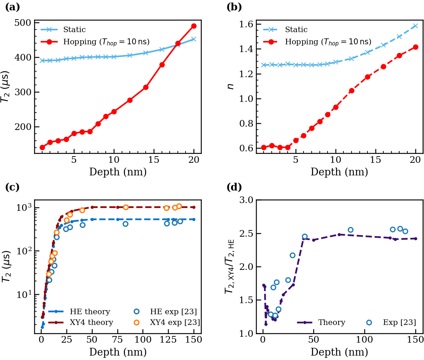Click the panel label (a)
pyautogui.click(x=12, y=7)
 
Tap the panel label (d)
pyautogui.click(x=234, y=187)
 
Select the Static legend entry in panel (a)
pyautogui.click(x=74, y=30)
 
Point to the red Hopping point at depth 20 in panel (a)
pyautogui.click(x=194, y=26)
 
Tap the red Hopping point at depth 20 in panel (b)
pyautogui.click(x=415, y=47)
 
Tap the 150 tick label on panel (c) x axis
pyautogui.click(x=194, y=340)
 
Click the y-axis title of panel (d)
pyautogui.click(x=230, y=267)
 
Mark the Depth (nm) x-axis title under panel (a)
pyautogui.click(x=118, y=172)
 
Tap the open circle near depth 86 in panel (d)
pyautogui.click(x=350, y=230)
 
